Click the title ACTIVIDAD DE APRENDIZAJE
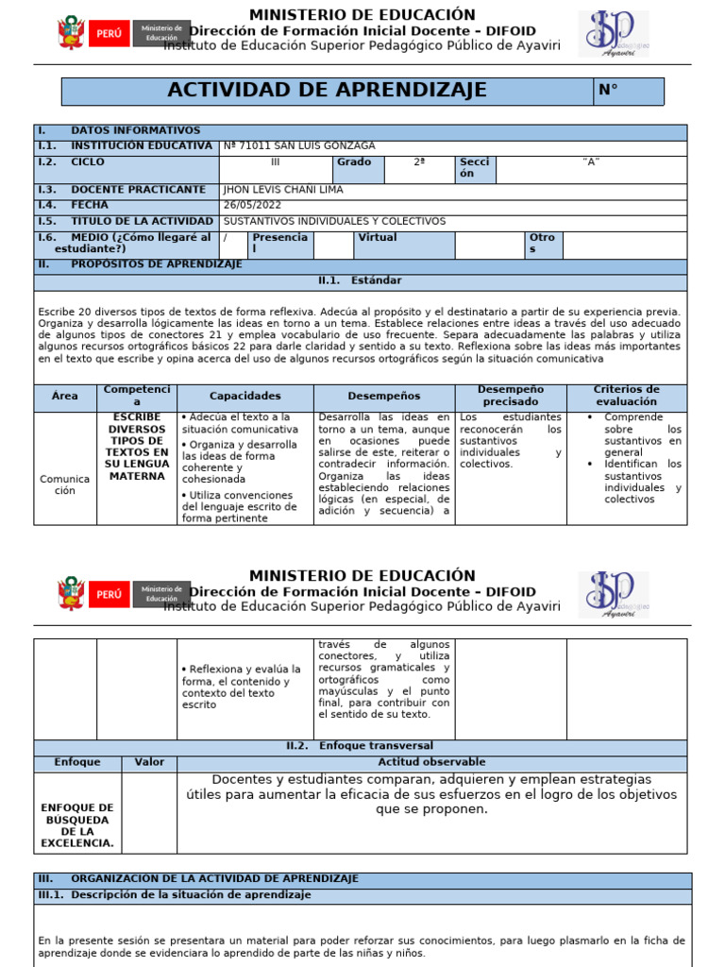pyautogui.click(x=327, y=91)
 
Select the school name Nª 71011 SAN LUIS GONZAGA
pyautogui.click(x=299, y=146)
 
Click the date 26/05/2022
pyautogui.click(x=252, y=205)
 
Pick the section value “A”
pyautogui.click(x=591, y=162)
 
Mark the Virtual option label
pyautogui.click(x=378, y=238)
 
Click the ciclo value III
pyautogui.click(x=276, y=162)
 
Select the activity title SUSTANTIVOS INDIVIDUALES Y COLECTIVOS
pyautogui.click(x=334, y=221)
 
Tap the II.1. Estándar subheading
pyautogui.click(x=360, y=280)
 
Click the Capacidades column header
pyautogui.click(x=244, y=397)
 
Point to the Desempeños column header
pyautogui.click(x=383, y=397)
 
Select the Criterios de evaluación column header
pyautogui.click(x=626, y=396)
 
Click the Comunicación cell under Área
pyautogui.click(x=65, y=484)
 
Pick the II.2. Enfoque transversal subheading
pyautogui.click(x=360, y=746)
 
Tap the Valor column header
pyautogui.click(x=149, y=762)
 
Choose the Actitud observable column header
pyautogui.click(x=431, y=762)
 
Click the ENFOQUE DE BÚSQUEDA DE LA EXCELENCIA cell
pyautogui.click(x=77, y=825)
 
